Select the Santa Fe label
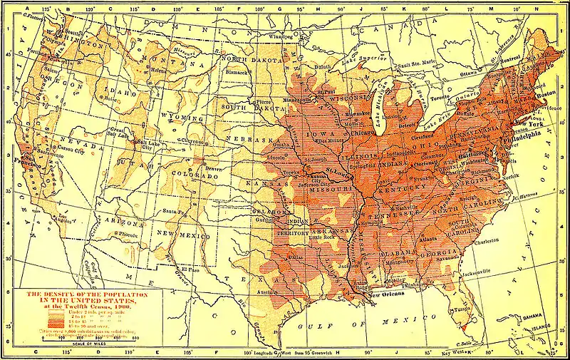tap(176, 212)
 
